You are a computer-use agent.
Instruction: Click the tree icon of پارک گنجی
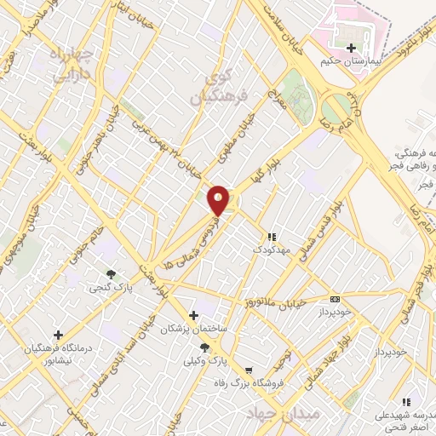[111, 273]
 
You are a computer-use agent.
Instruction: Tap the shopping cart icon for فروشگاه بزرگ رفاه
[248, 370]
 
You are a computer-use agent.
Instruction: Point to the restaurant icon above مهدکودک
[271, 237]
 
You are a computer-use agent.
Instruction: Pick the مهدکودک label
[271, 251]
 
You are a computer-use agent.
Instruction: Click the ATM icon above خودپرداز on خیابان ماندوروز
[335, 299]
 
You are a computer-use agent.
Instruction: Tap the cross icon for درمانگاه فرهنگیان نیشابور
[58, 335]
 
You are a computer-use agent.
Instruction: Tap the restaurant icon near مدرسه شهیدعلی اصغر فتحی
[406, 402]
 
